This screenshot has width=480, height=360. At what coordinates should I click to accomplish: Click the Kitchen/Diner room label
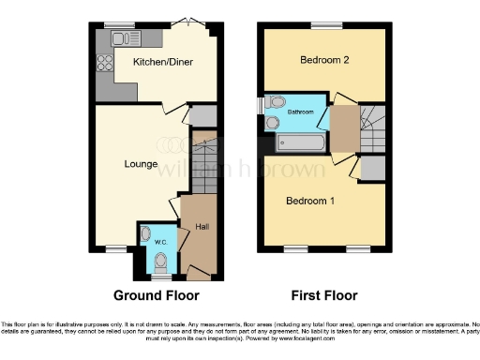pyautogui.click(x=157, y=61)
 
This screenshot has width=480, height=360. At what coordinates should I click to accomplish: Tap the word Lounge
pyautogui.click(x=141, y=163)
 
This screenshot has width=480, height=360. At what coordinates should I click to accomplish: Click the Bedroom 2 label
pyautogui.click(x=324, y=61)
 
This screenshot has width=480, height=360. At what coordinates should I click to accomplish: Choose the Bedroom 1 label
pyautogui.click(x=310, y=201)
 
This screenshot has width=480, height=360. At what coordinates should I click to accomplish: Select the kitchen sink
pyautogui.click(x=122, y=38)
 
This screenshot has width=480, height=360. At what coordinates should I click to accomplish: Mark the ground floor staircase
pyautogui.click(x=203, y=164)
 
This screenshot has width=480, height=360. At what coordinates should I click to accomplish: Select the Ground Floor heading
pyautogui.click(x=155, y=295)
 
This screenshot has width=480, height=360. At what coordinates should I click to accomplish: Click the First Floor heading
pyautogui.click(x=323, y=295)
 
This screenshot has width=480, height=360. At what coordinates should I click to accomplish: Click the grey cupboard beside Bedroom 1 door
pyautogui.click(x=372, y=170)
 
